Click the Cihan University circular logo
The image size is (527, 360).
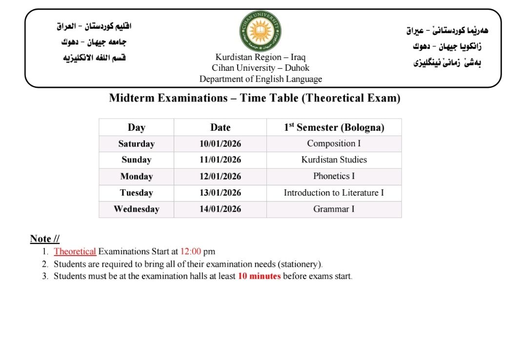260,31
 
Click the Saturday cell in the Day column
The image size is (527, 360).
136,144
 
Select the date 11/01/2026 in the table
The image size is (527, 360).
220,160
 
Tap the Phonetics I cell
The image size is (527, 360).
334,176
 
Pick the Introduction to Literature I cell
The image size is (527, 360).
334,193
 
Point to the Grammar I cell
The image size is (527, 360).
334,209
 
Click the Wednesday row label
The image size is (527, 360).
136,209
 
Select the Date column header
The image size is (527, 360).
220,127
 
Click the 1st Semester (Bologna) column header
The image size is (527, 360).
334,127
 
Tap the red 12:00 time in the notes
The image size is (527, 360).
191,252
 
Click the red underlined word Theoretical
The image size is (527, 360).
75,252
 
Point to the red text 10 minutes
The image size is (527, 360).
259,276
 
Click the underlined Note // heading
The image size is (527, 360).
45,239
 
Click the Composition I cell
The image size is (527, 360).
334,143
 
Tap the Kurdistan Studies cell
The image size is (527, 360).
334,160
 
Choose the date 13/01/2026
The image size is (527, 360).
220,193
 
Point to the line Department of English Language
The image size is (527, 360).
260,79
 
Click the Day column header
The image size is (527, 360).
136,127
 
